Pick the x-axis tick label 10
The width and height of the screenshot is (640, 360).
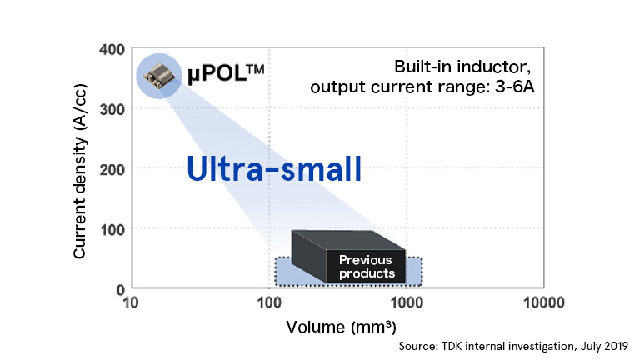130,302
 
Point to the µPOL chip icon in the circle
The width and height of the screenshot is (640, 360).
157,77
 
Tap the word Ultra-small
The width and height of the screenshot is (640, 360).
274,169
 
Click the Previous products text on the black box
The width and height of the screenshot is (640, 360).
365,267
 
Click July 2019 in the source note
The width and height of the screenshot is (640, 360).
602,344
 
